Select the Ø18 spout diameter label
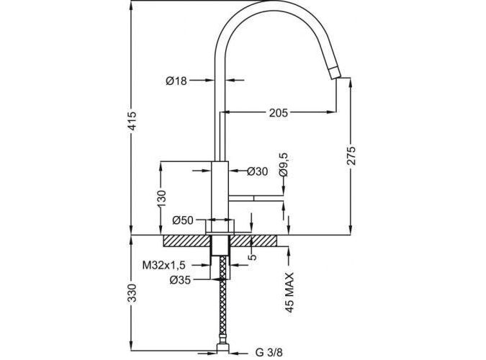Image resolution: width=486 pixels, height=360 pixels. pos(176,81)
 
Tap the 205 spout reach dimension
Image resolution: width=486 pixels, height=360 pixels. pos(278,113)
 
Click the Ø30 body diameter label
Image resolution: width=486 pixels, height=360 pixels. pos(258,171)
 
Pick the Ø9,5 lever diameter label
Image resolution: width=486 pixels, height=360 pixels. pos(283,164)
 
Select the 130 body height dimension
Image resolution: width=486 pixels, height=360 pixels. pos(162,198)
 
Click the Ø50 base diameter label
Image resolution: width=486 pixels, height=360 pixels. pos(183,220)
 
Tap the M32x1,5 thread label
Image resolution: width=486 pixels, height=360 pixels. pos(163,265)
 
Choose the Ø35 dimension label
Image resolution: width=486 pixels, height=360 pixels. pos(180,280)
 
